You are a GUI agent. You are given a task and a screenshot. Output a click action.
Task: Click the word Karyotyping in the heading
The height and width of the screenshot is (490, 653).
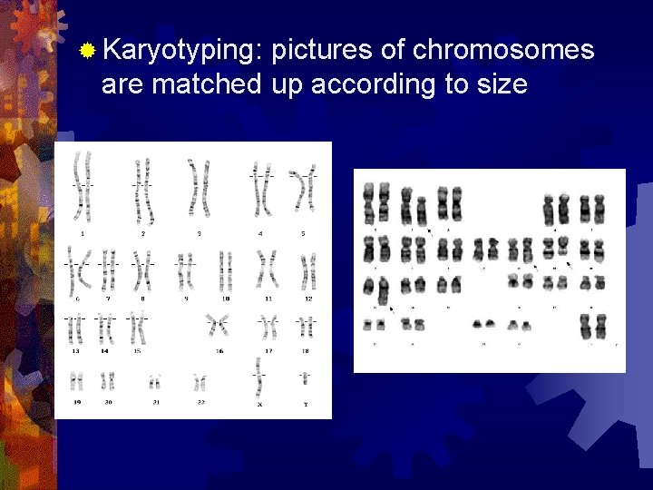click(x=181, y=51)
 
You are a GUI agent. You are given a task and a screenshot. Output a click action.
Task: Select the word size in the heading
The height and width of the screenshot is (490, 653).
click(x=499, y=84)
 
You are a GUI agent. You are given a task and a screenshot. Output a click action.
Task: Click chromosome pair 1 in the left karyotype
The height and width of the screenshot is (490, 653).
click(x=83, y=188)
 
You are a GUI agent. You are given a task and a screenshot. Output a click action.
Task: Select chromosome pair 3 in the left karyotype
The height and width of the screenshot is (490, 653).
click(x=199, y=186)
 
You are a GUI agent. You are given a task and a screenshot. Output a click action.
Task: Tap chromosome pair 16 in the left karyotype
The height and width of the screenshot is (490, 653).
click(x=218, y=325)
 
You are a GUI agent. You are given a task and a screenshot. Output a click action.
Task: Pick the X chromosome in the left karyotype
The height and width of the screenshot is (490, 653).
click(x=259, y=376)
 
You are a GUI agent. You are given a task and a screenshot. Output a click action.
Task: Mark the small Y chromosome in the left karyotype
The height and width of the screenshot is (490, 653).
click(x=305, y=377)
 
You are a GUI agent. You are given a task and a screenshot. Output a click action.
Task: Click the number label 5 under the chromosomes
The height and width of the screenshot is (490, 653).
click(x=303, y=233)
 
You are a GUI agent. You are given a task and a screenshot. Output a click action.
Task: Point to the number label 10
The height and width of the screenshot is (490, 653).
click(x=226, y=299)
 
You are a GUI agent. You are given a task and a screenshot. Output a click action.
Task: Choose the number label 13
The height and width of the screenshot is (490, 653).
click(x=75, y=350)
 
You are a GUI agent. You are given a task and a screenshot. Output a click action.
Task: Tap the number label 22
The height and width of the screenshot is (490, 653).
click(x=200, y=402)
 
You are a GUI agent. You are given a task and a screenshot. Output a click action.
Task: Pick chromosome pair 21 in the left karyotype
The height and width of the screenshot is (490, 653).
click(x=155, y=382)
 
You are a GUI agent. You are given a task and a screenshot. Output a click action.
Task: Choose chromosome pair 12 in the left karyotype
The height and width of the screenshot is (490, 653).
click(x=308, y=270)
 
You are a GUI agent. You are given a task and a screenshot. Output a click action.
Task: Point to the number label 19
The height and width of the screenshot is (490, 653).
click(x=76, y=402)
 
